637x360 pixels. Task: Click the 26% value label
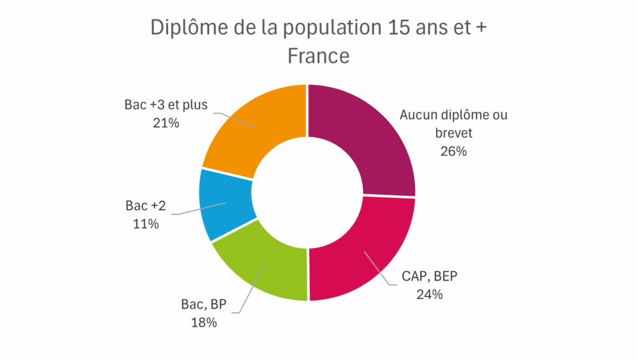point(452,150)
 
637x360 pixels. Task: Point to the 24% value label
point(429,294)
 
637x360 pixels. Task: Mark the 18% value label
point(203,322)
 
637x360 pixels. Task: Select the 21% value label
point(165,122)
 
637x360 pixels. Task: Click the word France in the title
point(318,55)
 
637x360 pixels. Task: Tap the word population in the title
point(310,29)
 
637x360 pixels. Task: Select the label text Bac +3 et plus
point(165,104)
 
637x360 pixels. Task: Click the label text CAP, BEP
point(429,276)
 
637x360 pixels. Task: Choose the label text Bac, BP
point(203,304)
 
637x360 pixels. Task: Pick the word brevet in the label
point(452,132)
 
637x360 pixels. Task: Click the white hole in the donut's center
point(307,193)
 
